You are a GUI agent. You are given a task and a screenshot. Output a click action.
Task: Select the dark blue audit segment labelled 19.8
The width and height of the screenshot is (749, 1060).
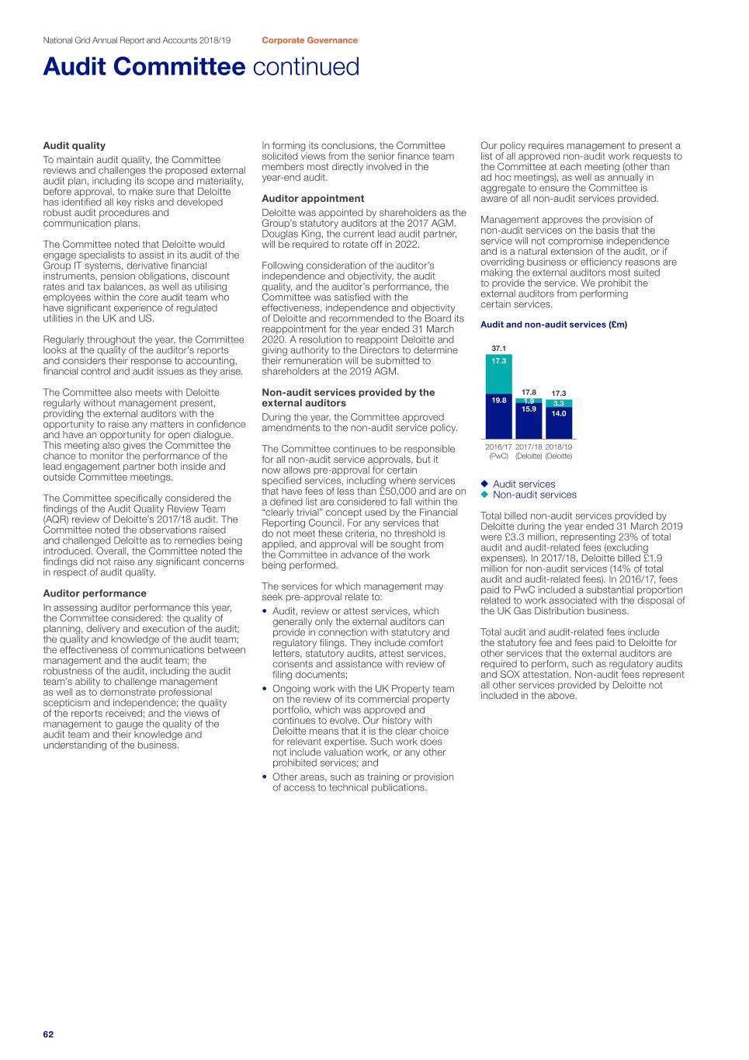[x=498, y=418]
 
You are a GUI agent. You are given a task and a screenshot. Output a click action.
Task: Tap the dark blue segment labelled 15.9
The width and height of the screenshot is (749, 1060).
[x=529, y=421]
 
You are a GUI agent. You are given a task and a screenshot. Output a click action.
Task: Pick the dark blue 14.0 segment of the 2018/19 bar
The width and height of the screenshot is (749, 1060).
[x=559, y=423]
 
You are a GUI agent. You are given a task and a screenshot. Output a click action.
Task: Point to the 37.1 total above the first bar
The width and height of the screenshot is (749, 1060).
[x=498, y=349]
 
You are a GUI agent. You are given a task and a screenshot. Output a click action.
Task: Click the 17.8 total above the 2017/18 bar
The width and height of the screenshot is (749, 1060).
[x=529, y=393]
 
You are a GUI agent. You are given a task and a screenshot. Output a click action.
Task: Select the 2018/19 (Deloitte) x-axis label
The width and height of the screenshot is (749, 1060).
[x=559, y=451]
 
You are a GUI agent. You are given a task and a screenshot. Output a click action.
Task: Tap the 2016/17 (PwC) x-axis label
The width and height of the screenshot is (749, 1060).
[x=498, y=451]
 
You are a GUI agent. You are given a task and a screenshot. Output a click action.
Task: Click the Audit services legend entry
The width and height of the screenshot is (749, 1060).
[x=524, y=484]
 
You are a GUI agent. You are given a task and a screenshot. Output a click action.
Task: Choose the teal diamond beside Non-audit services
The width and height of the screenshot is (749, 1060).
[x=484, y=495]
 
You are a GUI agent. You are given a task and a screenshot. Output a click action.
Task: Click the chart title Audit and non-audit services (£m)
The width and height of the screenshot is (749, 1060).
[x=553, y=325]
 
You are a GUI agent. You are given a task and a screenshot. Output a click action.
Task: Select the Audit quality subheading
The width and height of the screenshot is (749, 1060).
[x=74, y=145]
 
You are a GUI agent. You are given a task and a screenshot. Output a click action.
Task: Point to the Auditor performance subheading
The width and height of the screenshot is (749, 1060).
[x=95, y=593]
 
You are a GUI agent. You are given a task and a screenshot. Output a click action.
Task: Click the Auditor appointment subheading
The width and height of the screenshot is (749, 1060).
[x=313, y=199]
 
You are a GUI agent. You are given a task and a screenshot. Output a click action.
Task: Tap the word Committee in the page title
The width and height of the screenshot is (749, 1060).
[x=189, y=67]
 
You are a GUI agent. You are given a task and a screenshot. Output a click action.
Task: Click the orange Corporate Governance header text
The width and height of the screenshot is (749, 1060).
[x=310, y=40]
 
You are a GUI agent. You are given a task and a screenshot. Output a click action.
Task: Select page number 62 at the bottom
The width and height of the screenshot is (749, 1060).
[x=48, y=1034]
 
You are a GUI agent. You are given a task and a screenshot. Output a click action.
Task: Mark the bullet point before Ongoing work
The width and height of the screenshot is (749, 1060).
[x=265, y=689]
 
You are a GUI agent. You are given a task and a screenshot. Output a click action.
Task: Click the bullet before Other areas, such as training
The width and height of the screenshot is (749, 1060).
[x=265, y=777]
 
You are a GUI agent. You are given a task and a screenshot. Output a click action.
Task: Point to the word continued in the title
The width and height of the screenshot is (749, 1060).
[x=306, y=67]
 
